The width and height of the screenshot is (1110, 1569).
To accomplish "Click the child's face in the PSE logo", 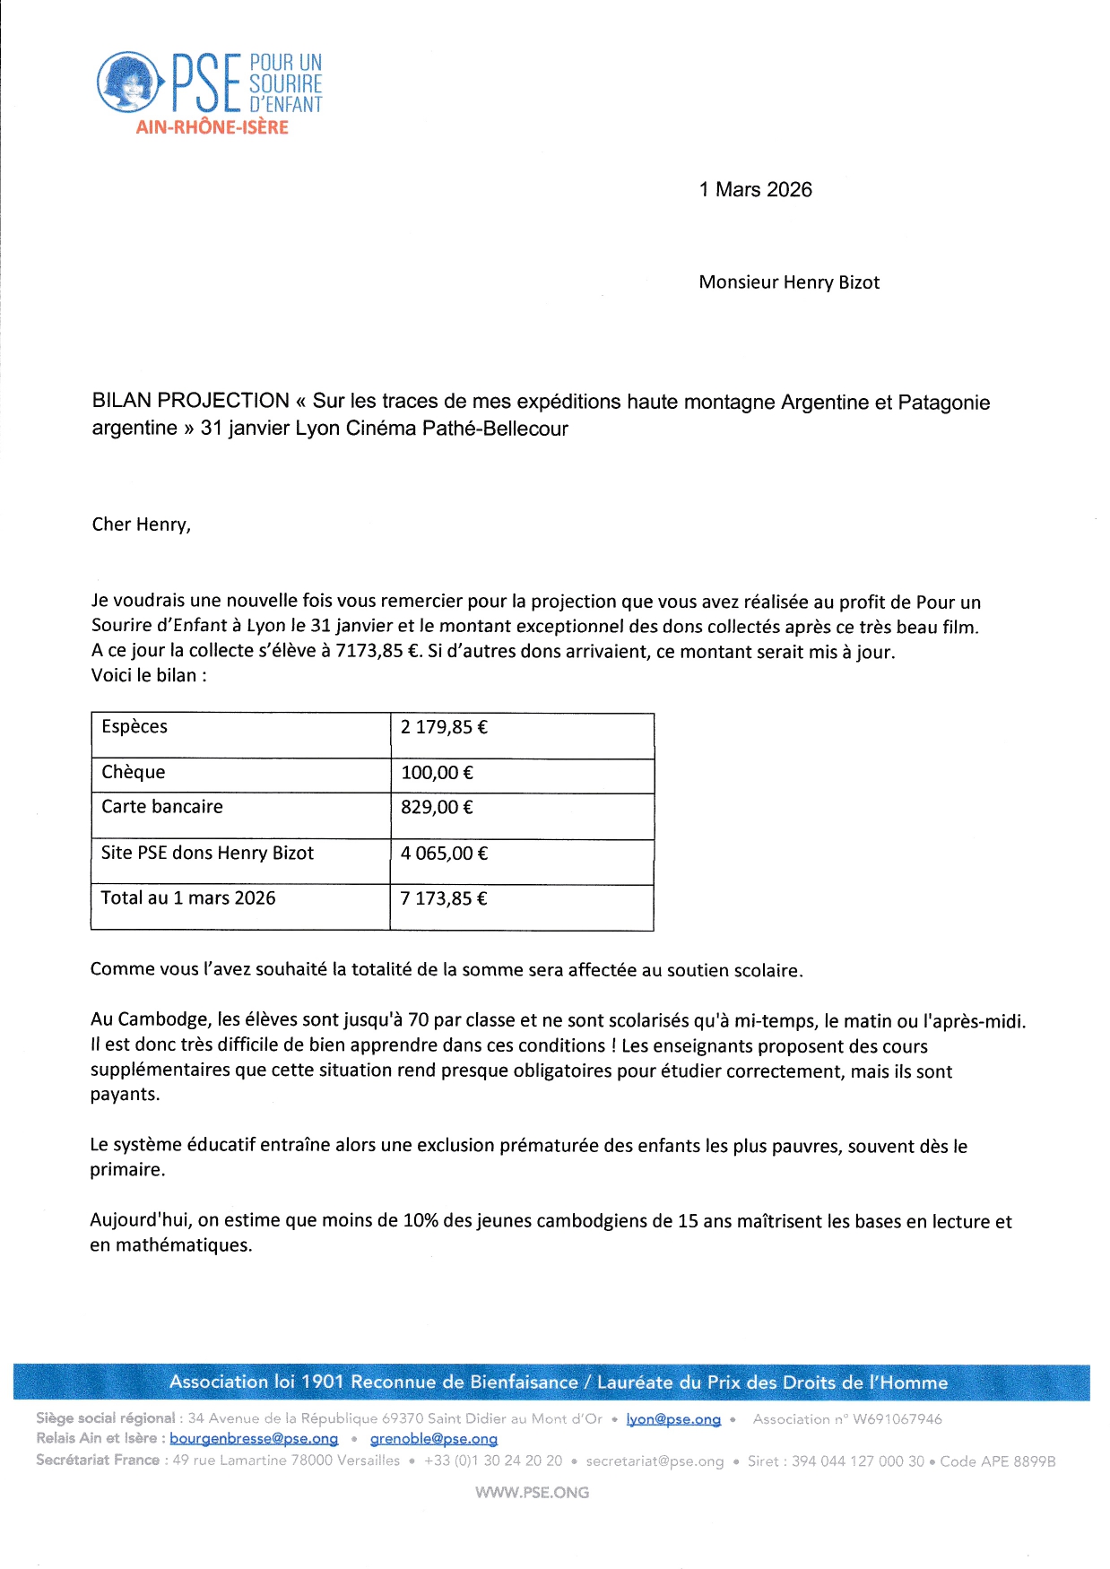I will coord(127,81).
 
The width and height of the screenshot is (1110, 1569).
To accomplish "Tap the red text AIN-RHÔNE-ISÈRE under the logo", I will coord(212,127).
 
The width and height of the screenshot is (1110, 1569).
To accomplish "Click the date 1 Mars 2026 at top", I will coord(755,189).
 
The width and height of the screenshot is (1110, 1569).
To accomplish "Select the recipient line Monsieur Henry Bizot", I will coord(789,282).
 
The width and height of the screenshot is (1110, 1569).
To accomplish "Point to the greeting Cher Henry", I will coord(141,524).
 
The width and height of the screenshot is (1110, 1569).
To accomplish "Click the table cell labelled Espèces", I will coord(134,726).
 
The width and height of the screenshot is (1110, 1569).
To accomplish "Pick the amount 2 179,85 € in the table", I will coord(444,727).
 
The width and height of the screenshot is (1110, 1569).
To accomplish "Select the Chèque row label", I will coord(133,772).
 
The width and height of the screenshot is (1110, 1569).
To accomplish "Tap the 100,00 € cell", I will coord(437,773).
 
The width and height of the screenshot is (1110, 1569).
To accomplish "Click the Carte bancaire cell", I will coord(161,806).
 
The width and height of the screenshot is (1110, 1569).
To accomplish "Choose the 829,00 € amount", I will coord(437,807).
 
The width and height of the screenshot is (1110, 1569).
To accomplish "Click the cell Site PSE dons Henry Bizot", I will coord(207,853).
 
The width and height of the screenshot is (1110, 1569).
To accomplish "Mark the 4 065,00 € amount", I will coord(444,854).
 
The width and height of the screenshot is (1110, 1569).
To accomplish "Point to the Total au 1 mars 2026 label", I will coord(188,897).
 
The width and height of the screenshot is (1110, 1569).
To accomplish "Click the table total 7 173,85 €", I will coord(444,898).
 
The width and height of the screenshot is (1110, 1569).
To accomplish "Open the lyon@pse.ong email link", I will coord(673,1419).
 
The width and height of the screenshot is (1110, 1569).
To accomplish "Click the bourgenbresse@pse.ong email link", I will coord(254,1439).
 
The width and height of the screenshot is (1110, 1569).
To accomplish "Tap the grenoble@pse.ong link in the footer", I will coord(433,1439).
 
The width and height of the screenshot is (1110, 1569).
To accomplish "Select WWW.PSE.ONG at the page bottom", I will coord(532,1493).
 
